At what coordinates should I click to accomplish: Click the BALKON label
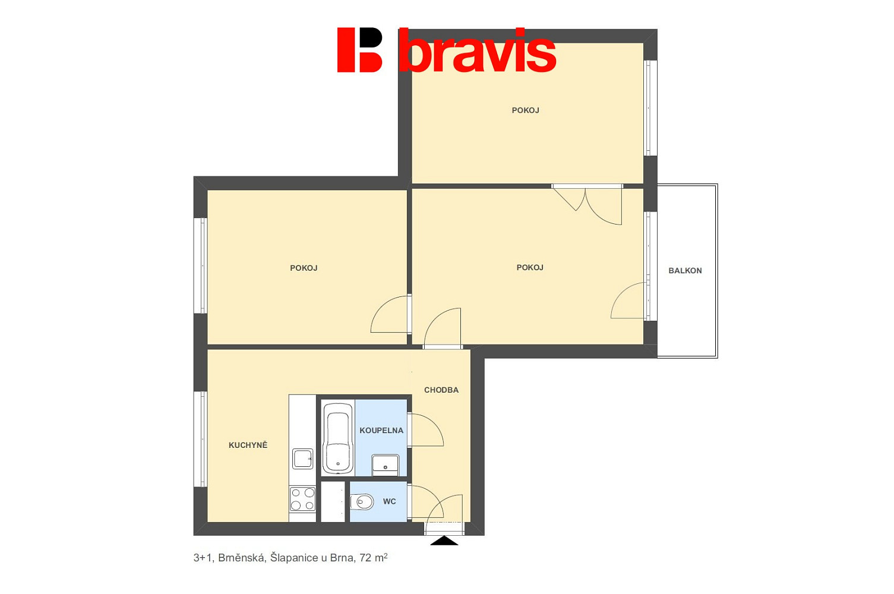pos(685,271)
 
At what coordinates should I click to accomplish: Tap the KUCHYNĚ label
pos(248,445)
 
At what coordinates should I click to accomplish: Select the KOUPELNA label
pos(381,430)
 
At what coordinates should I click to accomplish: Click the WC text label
pos(389,501)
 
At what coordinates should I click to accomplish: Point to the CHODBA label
pos(441,390)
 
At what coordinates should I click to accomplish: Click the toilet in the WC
pos(362,501)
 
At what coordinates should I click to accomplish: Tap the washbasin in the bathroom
pos(385,465)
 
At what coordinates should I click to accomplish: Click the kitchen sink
pos(303,459)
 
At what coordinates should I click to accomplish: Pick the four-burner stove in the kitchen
pos(302,499)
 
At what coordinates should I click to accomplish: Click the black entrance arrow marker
pos(444,541)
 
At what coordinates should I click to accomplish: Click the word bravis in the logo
pos(478,50)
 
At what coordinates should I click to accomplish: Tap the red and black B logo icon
pos(359,50)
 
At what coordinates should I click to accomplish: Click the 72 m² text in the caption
pos(374,557)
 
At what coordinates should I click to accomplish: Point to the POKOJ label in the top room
pos(525,110)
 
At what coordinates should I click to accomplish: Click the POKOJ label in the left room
pos(304,268)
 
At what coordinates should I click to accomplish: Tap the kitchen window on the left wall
pos(200,439)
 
